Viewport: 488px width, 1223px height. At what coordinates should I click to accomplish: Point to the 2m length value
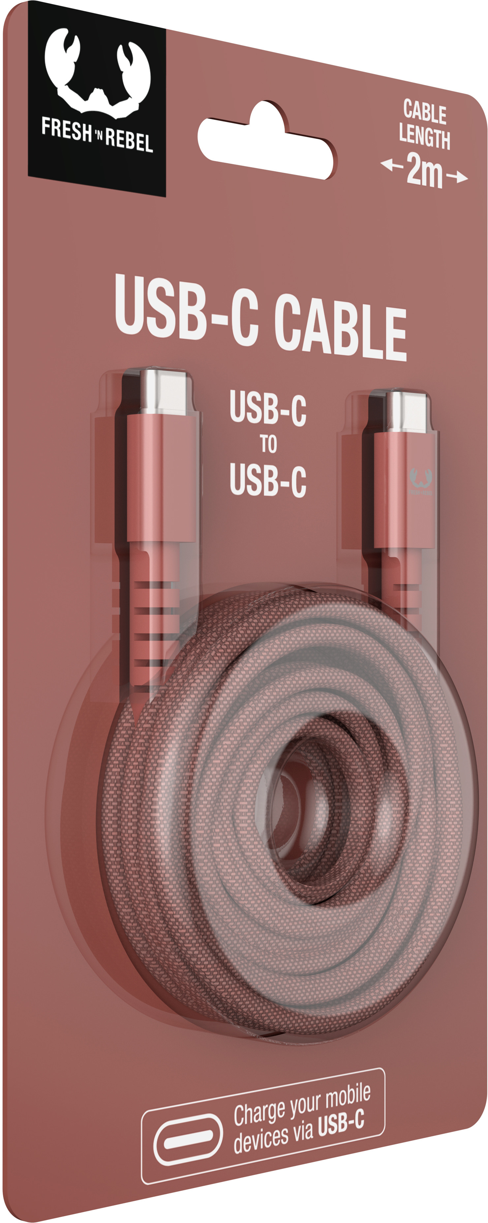coord(424,171)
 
